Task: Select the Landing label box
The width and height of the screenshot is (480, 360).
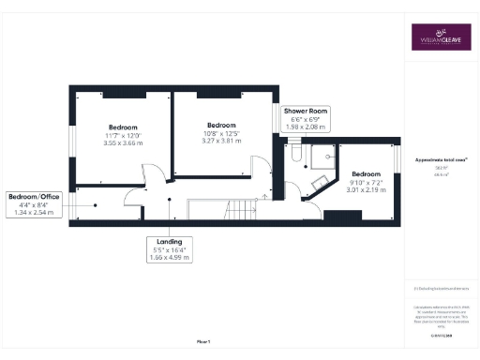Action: [169, 247]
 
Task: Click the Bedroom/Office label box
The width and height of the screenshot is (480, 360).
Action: [34, 204]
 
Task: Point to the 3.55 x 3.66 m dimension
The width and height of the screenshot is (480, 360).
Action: [123, 145]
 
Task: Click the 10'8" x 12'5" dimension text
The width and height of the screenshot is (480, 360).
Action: [221, 136]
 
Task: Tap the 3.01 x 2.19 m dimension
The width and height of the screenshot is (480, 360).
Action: [365, 190]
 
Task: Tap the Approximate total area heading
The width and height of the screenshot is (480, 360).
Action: [435, 160]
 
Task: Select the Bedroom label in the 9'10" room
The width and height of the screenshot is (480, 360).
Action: [366, 173]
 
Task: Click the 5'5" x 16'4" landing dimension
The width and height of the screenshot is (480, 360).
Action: [169, 248]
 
